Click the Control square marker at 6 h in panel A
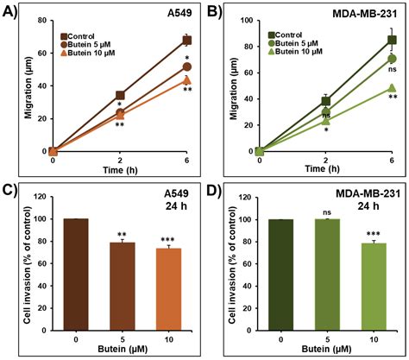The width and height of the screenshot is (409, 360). tap(186, 41)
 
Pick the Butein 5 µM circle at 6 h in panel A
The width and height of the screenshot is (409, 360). tap(186, 66)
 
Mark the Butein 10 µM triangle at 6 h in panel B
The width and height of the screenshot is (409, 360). tap(393, 88)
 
